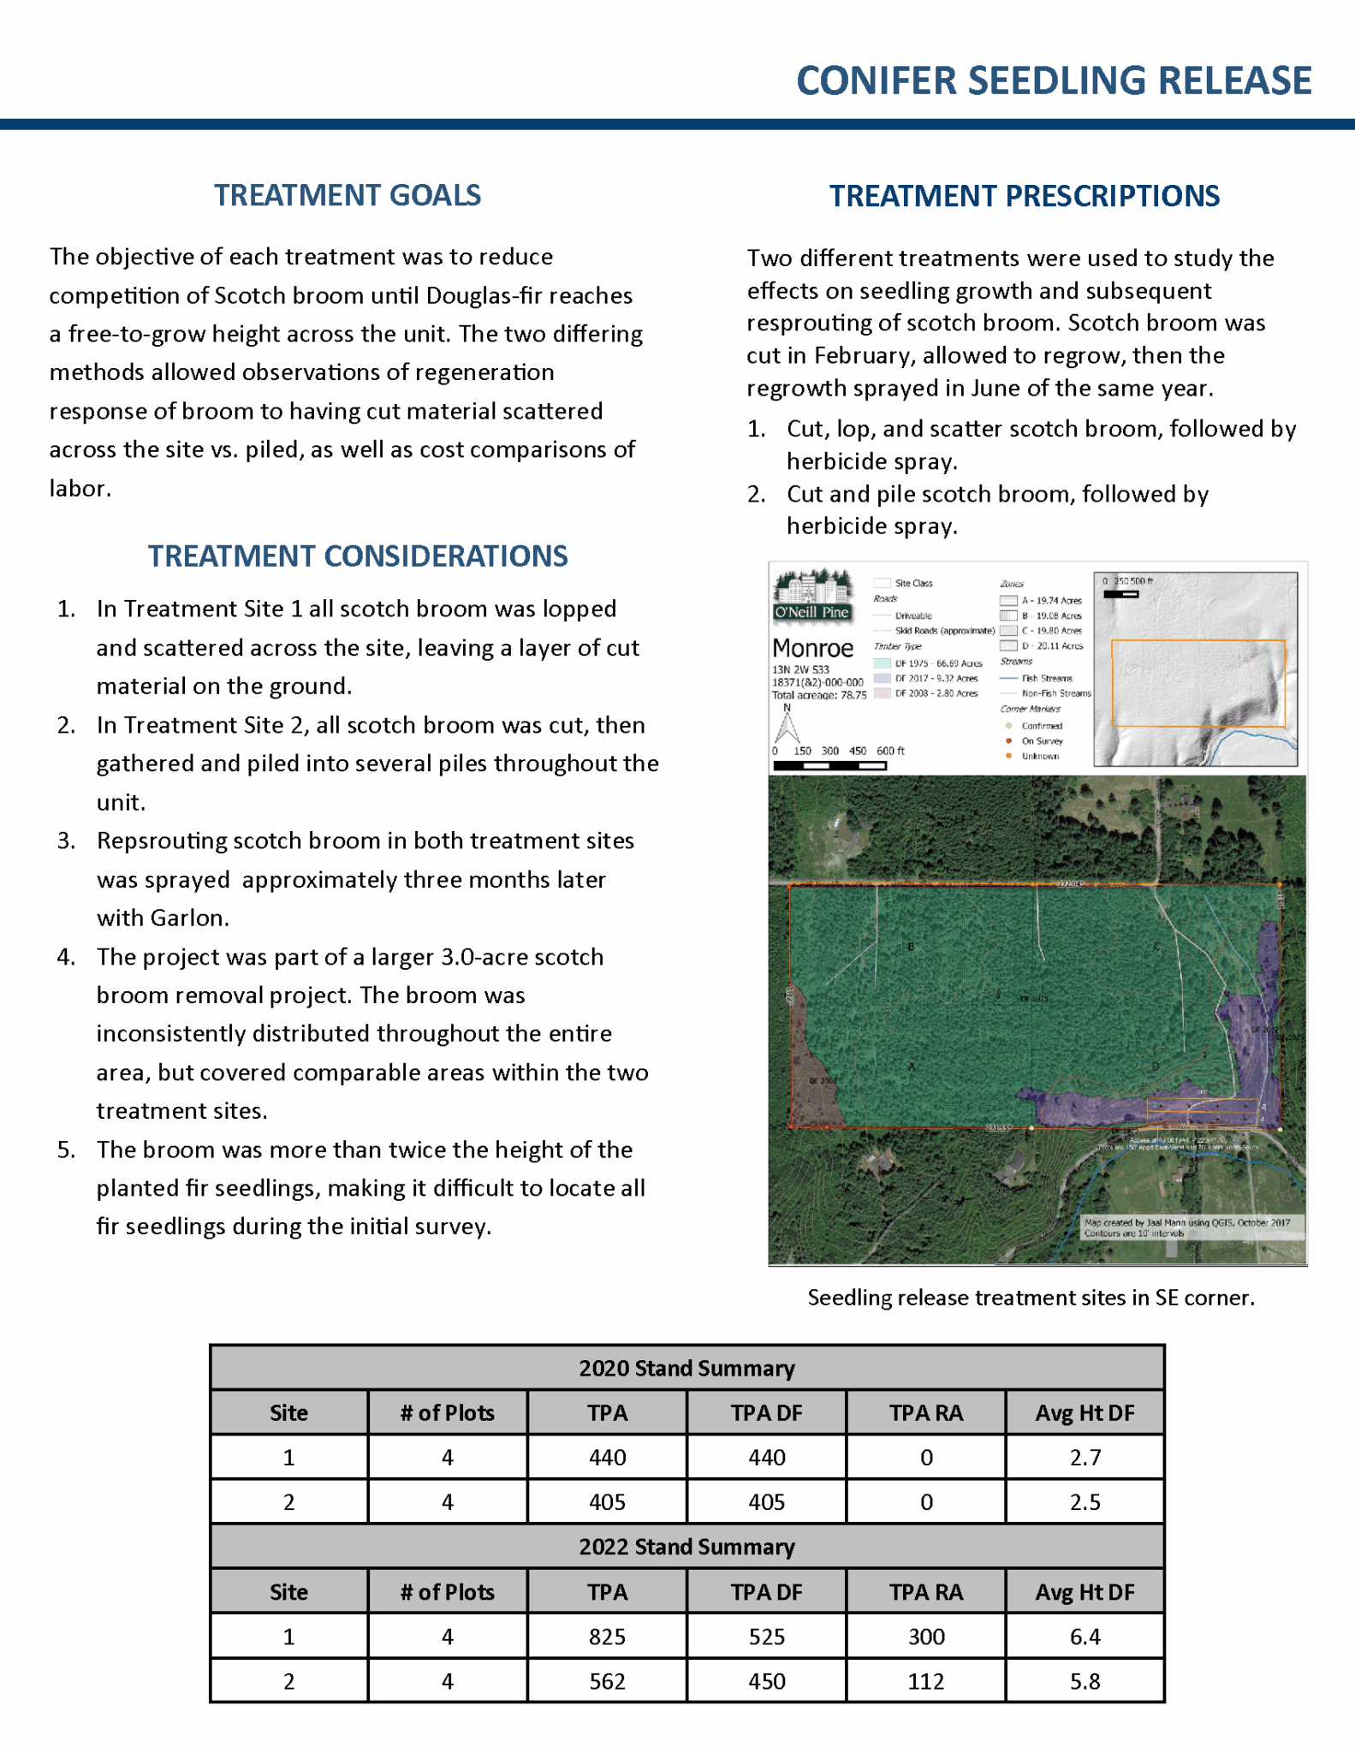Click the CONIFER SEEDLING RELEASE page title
click(1053, 81)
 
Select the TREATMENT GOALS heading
click(348, 195)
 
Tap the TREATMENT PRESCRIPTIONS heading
click(1024, 196)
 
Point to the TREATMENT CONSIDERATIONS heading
click(358, 556)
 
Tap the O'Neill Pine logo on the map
click(811, 594)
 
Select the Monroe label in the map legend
click(812, 647)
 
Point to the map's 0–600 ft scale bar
click(829, 765)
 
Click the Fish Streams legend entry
click(1046, 678)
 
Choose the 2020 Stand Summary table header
click(686, 1368)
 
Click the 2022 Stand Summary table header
click(686, 1547)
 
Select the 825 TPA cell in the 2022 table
click(607, 1637)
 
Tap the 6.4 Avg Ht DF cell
click(1085, 1637)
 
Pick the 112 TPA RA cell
click(925, 1681)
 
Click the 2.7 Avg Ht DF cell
click(1085, 1457)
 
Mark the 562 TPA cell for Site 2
click(607, 1681)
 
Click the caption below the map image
click(1031, 1298)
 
